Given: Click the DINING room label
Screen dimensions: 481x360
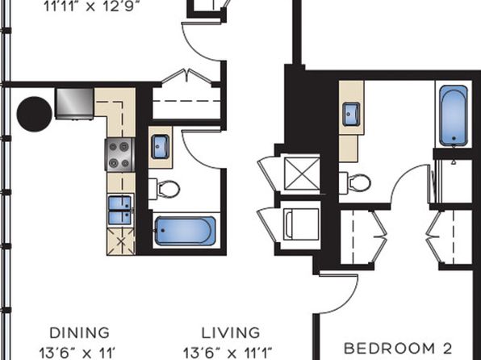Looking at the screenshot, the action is [x=79, y=333].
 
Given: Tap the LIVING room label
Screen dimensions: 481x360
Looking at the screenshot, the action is [x=231, y=333].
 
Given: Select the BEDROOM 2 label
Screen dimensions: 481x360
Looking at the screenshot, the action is [x=398, y=349].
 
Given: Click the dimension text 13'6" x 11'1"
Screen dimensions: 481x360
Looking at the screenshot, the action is [x=228, y=353].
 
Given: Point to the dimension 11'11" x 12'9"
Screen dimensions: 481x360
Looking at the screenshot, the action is [x=90, y=6].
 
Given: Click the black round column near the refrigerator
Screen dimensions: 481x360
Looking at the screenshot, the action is [x=34, y=114].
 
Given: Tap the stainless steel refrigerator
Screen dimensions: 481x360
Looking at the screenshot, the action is [x=74, y=104].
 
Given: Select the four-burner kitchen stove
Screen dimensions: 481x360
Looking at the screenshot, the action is [x=119, y=155].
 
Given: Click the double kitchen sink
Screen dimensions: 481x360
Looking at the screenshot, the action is [x=120, y=210].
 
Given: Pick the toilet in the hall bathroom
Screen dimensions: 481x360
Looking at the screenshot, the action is [x=165, y=188].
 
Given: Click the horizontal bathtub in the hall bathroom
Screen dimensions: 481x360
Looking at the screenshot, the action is [x=186, y=231].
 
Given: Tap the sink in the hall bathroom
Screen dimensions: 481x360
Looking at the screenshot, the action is [x=160, y=147].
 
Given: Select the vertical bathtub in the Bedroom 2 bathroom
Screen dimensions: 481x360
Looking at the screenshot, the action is [x=454, y=115].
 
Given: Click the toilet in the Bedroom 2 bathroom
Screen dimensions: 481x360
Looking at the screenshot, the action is [x=355, y=183].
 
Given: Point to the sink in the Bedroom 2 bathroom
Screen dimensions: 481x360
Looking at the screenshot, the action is [x=351, y=114].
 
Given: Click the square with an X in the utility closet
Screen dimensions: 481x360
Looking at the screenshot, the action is [x=302, y=174].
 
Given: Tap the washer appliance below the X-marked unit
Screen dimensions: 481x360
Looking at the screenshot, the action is [x=301, y=224].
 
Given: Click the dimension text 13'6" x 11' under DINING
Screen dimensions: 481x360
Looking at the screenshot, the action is [x=77, y=353].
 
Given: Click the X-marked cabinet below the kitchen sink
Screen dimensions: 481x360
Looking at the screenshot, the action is [x=121, y=241].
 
